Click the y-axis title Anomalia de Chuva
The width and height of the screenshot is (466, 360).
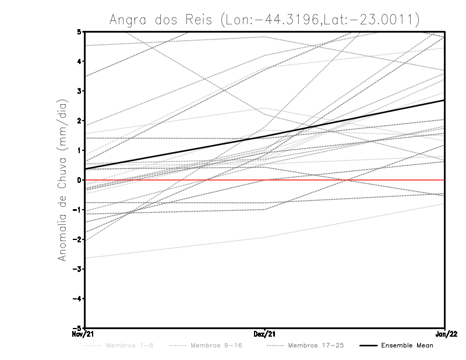pyautogui.click(x=62, y=180)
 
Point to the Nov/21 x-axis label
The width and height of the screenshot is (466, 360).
pyautogui.click(x=82, y=334)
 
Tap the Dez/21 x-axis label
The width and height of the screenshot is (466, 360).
pyautogui.click(x=264, y=334)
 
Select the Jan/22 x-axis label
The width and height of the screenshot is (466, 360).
pyautogui.click(x=445, y=334)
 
